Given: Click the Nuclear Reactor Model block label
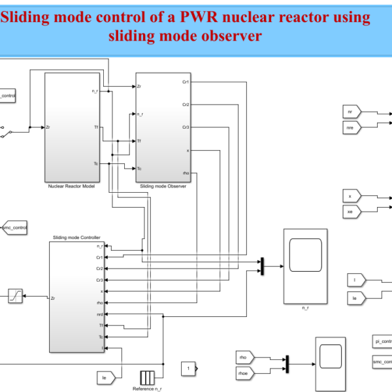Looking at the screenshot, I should coord(71,186).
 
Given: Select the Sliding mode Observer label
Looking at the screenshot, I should coord(163,186).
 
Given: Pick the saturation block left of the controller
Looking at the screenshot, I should coord(15,297).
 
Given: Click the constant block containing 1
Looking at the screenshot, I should coord(188,369).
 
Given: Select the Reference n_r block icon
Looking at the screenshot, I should coord(146,377).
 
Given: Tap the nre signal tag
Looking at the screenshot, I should coord(352,128).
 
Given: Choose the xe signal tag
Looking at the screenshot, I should coord(352,211).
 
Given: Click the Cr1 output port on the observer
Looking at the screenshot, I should coord(186,82).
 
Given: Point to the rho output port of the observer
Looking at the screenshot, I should coord(186,172).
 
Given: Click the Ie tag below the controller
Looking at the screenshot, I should coord(105,377).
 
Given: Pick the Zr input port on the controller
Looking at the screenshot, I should coord(53,298).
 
